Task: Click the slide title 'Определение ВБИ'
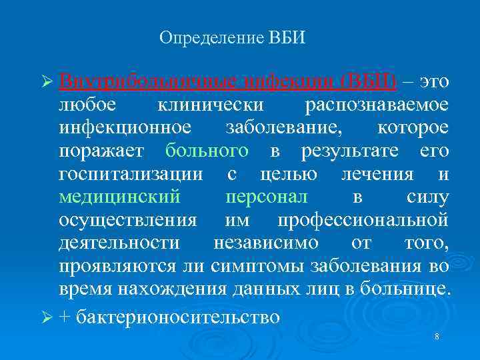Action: (x=232, y=37)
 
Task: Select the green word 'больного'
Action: (x=207, y=151)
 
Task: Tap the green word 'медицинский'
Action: (x=119, y=197)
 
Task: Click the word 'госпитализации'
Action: (x=131, y=175)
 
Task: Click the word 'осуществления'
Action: (x=127, y=221)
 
